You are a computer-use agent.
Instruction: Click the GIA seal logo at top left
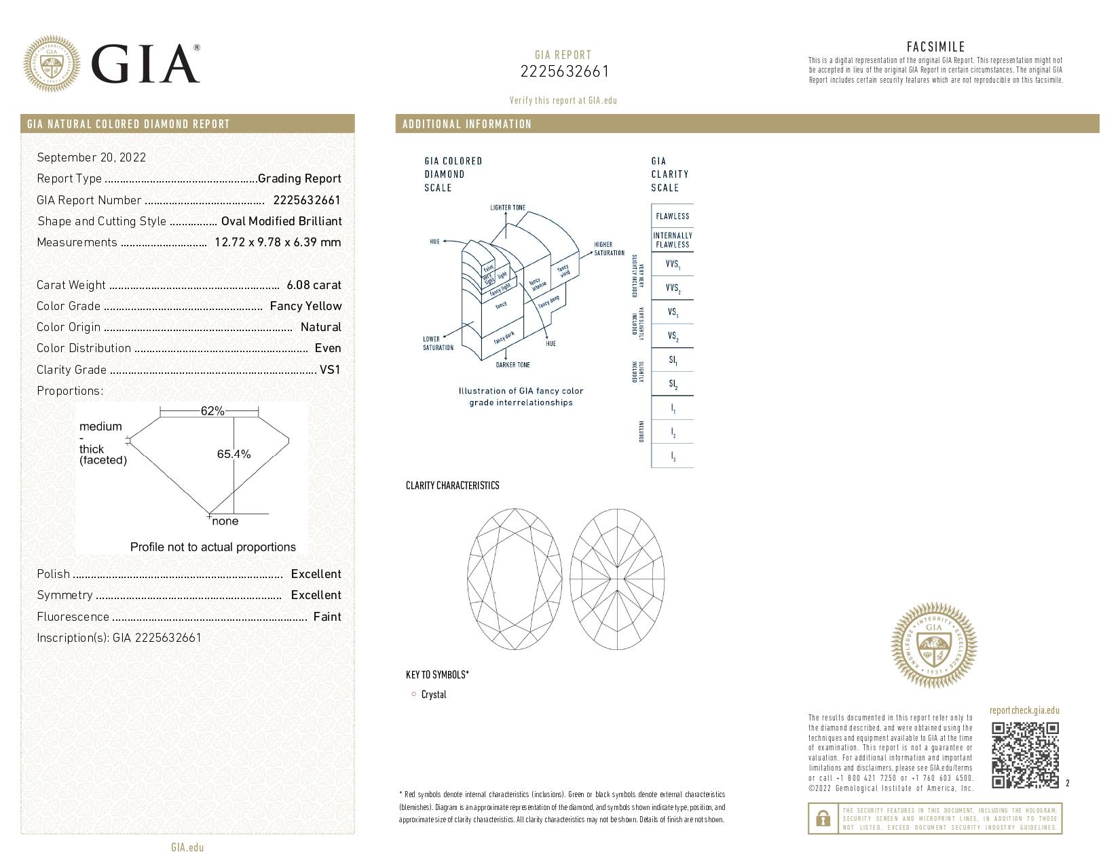click(x=51, y=64)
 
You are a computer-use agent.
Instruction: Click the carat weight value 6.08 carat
click(x=314, y=285)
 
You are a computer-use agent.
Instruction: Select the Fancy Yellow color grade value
click(x=305, y=306)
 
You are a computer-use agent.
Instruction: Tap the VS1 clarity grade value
click(x=330, y=370)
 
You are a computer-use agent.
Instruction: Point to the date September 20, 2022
click(x=91, y=157)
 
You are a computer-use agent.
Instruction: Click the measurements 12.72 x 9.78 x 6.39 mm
click(x=278, y=242)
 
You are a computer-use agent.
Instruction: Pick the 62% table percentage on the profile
click(x=212, y=411)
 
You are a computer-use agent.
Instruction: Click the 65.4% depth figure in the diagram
click(x=234, y=454)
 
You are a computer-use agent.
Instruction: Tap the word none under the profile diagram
click(x=225, y=521)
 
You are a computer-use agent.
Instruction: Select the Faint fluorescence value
click(x=327, y=617)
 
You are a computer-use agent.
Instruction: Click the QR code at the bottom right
click(x=1025, y=755)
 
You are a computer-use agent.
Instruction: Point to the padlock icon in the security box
click(x=823, y=819)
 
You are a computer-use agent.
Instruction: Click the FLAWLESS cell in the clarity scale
click(x=672, y=216)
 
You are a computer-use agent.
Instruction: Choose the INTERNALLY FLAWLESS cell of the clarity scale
click(x=672, y=240)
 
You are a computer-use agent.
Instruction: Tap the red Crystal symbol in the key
click(x=413, y=694)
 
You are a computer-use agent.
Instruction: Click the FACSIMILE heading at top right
click(x=935, y=47)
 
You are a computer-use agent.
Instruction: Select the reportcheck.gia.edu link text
click(x=1024, y=710)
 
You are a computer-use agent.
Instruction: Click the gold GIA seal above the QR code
click(x=933, y=645)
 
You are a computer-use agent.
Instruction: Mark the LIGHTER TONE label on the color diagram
click(x=508, y=208)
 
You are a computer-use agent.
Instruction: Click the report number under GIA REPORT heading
click(x=564, y=71)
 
